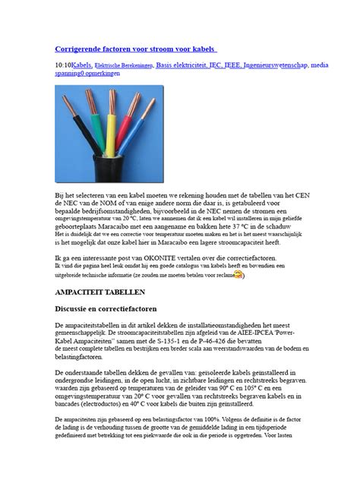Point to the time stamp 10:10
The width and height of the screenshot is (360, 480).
point(64,66)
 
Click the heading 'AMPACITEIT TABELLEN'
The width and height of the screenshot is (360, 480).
point(102,292)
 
